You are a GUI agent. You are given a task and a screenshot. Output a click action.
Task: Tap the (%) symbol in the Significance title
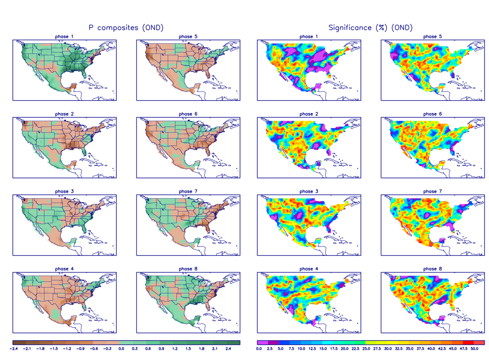(x=381, y=28)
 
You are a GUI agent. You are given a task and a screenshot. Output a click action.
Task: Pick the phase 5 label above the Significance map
(x=430, y=37)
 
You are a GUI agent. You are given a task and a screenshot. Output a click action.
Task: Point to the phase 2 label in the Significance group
(x=306, y=114)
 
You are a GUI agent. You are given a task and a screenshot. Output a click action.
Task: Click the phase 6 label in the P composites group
(x=185, y=114)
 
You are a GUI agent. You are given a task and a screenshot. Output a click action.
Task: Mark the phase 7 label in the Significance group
(x=430, y=191)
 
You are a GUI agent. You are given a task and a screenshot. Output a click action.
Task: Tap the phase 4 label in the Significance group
(x=306, y=269)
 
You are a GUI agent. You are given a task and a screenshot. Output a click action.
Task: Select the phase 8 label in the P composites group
(x=185, y=269)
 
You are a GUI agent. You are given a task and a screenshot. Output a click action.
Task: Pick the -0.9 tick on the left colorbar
(x=81, y=349)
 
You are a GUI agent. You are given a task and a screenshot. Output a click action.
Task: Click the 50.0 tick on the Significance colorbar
(x=473, y=349)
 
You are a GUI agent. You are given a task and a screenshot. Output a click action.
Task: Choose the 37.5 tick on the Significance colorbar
(x=420, y=349)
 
